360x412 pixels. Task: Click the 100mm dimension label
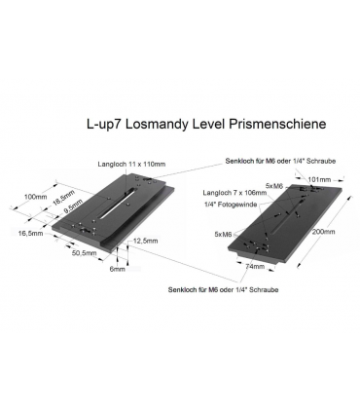point(34,197)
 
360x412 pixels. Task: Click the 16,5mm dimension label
point(30,234)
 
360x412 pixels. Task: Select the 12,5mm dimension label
point(145,240)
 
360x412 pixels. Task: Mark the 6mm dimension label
point(118,269)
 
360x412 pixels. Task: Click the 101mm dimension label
point(320,180)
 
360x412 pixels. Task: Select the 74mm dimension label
point(255,265)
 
